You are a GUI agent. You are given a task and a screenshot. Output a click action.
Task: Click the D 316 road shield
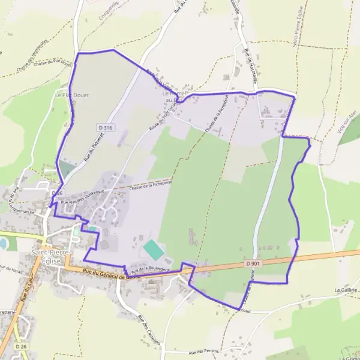(105, 128)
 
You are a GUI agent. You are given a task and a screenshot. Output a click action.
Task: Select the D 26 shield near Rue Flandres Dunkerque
(57, 193)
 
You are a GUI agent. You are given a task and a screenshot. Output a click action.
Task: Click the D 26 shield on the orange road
(22, 347)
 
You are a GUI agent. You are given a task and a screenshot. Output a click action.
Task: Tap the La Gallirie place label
(346, 290)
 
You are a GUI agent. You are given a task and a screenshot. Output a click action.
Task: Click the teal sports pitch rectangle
(153, 249)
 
